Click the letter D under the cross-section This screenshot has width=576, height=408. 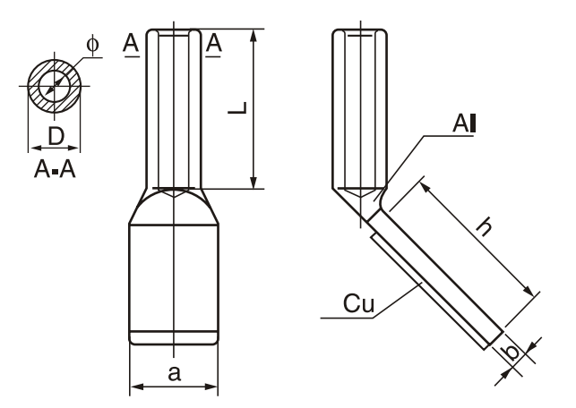point(55,137)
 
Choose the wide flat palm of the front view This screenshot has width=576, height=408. point(174,277)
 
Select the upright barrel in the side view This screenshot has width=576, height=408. point(360,107)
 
